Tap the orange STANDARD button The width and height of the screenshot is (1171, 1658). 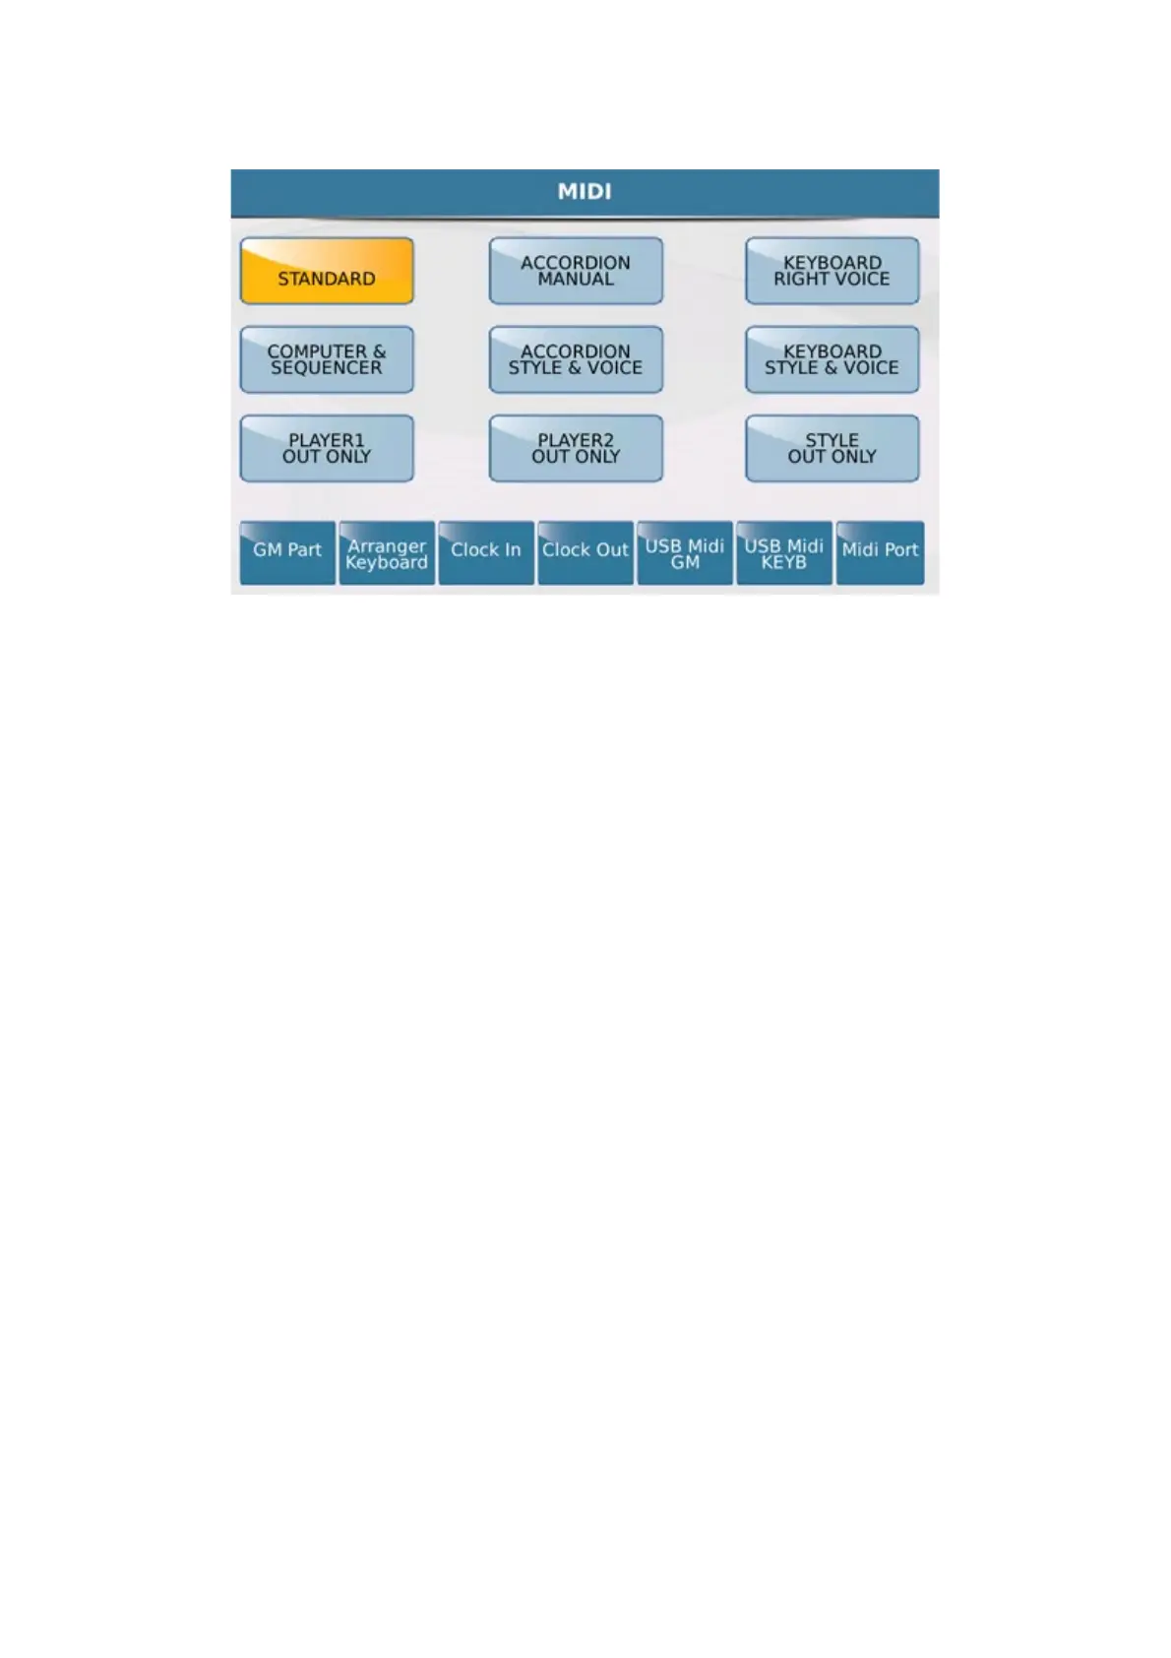[x=327, y=271]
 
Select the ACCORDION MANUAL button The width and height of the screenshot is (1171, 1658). [x=576, y=271]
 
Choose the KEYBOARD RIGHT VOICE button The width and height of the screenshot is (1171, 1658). [x=832, y=271]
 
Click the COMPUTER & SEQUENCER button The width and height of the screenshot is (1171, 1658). [x=327, y=359]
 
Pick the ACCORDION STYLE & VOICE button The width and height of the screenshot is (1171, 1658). [x=576, y=359]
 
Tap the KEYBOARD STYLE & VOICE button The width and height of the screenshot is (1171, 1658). [x=832, y=359]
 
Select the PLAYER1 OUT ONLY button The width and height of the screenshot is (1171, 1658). [x=327, y=448]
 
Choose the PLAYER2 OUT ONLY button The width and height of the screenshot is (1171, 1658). [x=576, y=448]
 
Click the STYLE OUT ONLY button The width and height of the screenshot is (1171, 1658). [x=832, y=448]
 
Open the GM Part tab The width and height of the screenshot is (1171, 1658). [x=287, y=552]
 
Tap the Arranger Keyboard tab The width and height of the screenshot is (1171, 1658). [x=387, y=552]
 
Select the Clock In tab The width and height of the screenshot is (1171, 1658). [x=486, y=552]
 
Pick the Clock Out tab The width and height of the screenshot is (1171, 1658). [x=585, y=552]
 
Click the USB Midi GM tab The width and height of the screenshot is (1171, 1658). [x=685, y=552]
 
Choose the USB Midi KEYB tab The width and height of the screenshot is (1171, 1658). [x=784, y=552]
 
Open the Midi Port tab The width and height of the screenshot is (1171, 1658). [x=880, y=552]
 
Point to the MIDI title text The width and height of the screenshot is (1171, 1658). [x=585, y=192]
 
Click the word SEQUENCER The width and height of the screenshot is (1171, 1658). [x=327, y=368]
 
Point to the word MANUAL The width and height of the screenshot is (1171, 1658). [x=576, y=280]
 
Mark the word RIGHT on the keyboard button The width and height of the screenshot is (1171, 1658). [x=799, y=280]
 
